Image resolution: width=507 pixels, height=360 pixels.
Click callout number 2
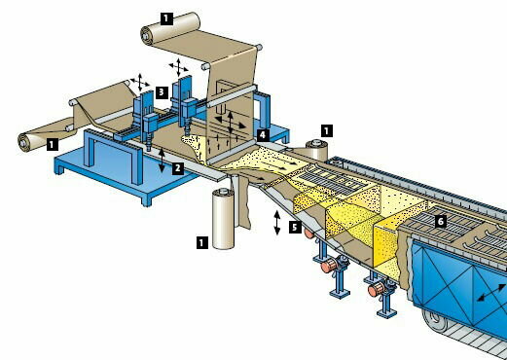tap(178, 167)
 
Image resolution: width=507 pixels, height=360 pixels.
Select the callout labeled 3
tap(162, 90)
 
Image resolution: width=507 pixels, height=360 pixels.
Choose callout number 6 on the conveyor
tap(441, 222)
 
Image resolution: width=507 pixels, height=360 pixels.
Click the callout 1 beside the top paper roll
tap(165, 17)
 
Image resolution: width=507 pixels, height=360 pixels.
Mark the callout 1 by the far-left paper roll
tap(50, 143)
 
